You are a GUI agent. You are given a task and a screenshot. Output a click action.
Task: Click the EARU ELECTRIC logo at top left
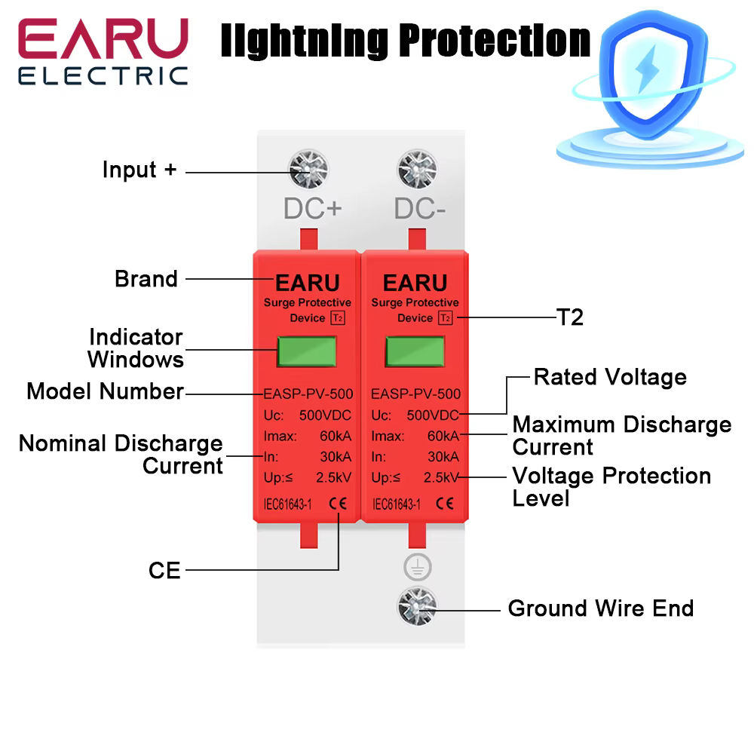[x=103, y=51]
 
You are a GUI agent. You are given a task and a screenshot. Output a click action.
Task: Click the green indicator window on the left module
[x=307, y=351]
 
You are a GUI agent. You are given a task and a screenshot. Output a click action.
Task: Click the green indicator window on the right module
[x=415, y=351]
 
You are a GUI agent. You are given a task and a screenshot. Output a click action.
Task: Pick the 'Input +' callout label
[x=139, y=170]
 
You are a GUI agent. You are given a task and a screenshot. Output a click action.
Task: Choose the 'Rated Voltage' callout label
[x=610, y=377]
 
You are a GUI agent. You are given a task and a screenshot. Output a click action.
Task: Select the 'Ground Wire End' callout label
[x=600, y=608]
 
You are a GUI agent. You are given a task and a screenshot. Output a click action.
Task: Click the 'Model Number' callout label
[x=105, y=391]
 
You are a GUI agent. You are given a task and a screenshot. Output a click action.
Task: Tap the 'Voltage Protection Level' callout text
[x=611, y=487]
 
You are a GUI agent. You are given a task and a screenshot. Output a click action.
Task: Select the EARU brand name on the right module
[x=415, y=283]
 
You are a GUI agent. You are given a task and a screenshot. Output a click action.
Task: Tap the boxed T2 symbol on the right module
[x=445, y=318]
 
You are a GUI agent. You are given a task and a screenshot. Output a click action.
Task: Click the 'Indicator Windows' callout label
[x=136, y=348]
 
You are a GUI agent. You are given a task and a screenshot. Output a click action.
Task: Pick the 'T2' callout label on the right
[x=570, y=317]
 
